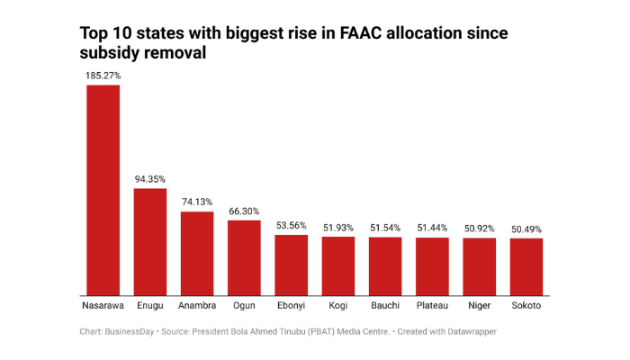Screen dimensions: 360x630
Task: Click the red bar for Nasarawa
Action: pyautogui.click(x=103, y=190)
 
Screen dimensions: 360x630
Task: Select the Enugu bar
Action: pyautogui.click(x=150, y=241)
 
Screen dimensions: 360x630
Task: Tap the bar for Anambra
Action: pyautogui.click(x=197, y=253)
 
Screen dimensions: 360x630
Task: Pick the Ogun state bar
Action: pyautogui.click(x=244, y=257)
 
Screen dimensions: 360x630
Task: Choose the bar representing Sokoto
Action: pyautogui.click(x=526, y=266)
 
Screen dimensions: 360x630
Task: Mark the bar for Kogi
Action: pyautogui.click(x=338, y=265)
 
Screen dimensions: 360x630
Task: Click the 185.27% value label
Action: pyautogui.click(x=103, y=76)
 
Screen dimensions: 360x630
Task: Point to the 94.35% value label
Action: pyautogui.click(x=150, y=179)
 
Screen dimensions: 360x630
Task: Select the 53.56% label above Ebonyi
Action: pyautogui.click(x=292, y=226)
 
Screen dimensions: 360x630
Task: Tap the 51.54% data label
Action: pyautogui.click(x=385, y=228)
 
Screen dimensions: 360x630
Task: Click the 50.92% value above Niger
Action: pyautogui.click(x=480, y=229)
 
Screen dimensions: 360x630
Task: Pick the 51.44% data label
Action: pyautogui.click(x=433, y=228)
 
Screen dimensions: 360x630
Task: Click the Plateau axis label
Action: pyautogui.click(x=433, y=307)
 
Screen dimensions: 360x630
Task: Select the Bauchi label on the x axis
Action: pyautogui.click(x=385, y=307)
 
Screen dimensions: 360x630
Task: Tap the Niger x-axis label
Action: pyautogui.click(x=480, y=307)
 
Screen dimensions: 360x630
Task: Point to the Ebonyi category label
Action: pyautogui.click(x=292, y=307)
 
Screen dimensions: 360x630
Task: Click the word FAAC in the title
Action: pyautogui.click(x=364, y=33)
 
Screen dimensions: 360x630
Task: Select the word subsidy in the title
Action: pyautogui.click(x=113, y=53)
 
